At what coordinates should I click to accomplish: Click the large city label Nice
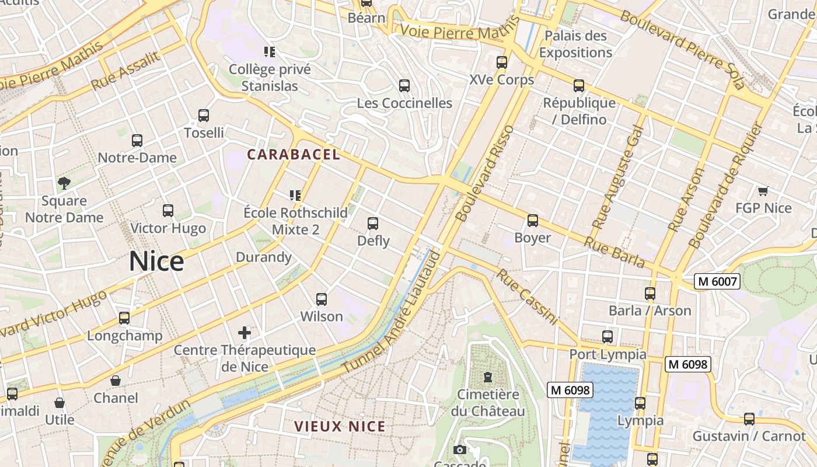point(156,261)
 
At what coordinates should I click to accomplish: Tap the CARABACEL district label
point(293,155)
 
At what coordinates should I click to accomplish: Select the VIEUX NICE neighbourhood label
point(340,426)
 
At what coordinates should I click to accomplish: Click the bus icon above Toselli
point(204,116)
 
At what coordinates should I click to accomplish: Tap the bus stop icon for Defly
point(373,224)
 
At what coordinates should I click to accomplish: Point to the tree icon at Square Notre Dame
point(64,183)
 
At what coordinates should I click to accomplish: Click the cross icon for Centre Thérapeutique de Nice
point(245,333)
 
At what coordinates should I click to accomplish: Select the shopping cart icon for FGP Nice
point(763,191)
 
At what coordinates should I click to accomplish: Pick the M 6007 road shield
point(718,282)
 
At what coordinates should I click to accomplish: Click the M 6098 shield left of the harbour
point(570,390)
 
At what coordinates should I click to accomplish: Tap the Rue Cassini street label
point(527,297)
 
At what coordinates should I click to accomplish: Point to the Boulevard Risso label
point(486,173)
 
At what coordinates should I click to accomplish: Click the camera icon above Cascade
point(460,449)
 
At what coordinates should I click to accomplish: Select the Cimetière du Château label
point(488,403)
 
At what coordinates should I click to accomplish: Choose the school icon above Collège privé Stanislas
point(269,52)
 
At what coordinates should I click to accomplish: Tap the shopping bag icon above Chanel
point(116,381)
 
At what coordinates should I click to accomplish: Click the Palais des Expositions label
point(575,44)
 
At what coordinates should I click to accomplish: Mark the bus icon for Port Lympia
point(607,337)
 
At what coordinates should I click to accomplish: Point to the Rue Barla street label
point(614,253)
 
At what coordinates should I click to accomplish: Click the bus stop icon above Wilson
point(322,299)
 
